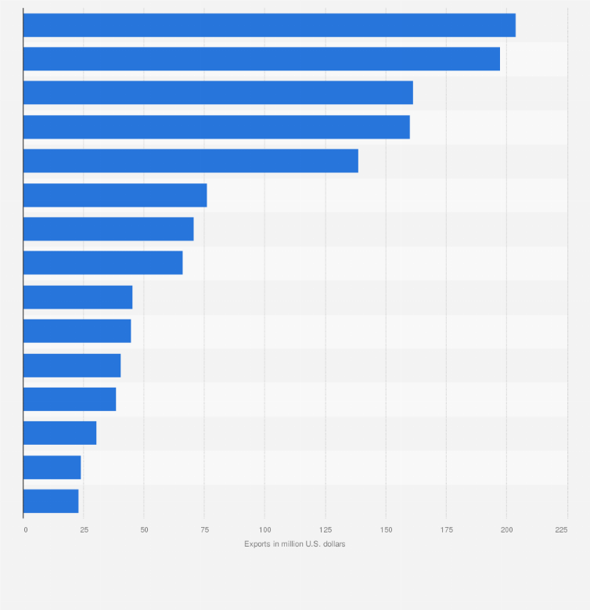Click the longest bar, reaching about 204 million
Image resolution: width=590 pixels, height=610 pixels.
(269, 25)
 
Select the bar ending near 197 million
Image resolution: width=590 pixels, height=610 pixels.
(261, 59)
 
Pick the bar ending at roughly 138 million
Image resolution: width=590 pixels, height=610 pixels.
(190, 161)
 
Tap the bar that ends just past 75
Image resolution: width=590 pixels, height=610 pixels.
(115, 195)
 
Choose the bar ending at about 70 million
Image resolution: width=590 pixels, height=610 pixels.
(108, 229)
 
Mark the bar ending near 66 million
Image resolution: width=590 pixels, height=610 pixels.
(103, 263)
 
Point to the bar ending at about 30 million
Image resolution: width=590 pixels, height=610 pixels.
(59, 433)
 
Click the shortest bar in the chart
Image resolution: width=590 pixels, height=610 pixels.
(51, 501)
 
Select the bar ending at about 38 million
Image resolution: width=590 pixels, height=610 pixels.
(70, 399)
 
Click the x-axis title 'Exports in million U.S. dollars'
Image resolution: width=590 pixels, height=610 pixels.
(294, 544)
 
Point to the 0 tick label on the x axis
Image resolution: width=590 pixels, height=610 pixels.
(25, 530)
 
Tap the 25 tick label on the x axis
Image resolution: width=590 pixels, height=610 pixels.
(83, 530)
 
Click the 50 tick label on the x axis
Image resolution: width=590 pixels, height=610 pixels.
(144, 530)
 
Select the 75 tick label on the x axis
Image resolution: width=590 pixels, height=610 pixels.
(204, 530)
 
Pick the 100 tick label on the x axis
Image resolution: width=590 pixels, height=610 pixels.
(264, 530)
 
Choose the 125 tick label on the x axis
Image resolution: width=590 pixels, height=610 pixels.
(325, 530)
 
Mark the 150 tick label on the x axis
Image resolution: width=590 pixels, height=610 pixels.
(386, 530)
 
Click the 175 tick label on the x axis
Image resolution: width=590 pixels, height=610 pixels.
(446, 530)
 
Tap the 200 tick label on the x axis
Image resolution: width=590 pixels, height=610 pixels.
(506, 530)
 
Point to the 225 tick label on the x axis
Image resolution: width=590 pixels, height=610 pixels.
(561, 530)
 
